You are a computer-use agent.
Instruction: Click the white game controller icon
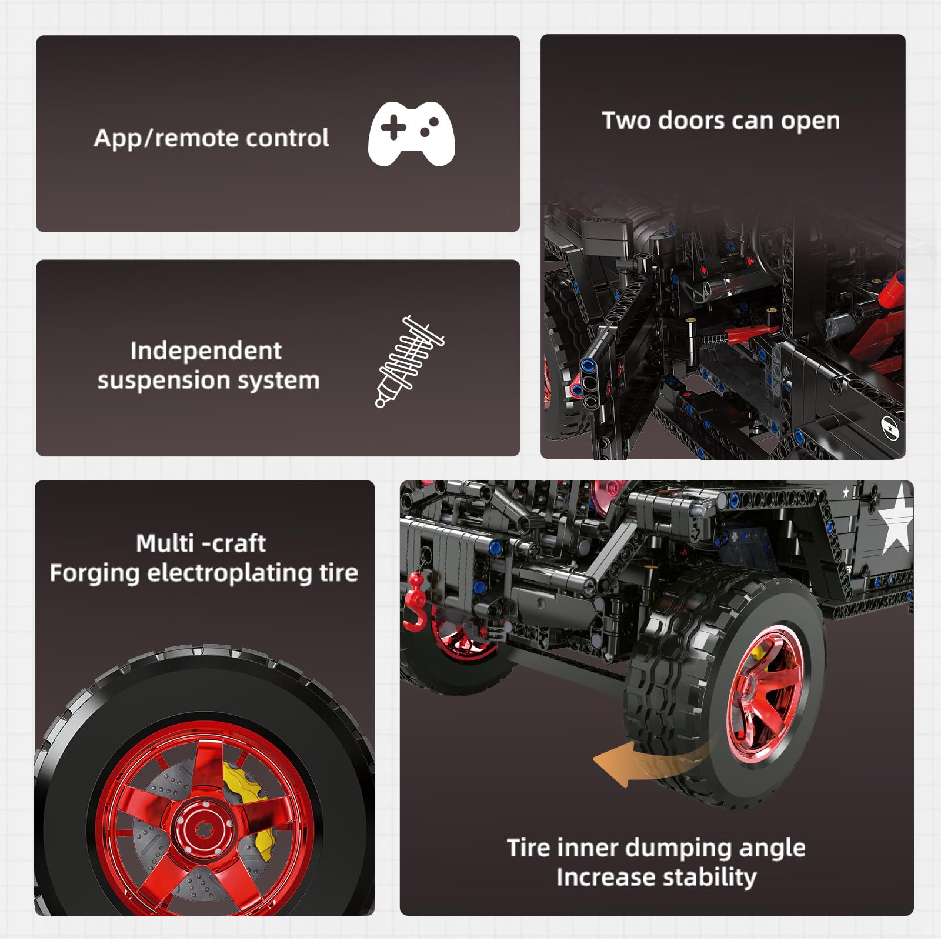[411, 134]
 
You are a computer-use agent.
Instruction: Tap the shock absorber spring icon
[409, 361]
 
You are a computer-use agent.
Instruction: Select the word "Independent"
[206, 351]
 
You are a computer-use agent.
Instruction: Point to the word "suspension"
[161, 381]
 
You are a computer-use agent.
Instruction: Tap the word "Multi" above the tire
[165, 543]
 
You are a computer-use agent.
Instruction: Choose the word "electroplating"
[229, 573]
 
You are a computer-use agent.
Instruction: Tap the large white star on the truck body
[896, 526]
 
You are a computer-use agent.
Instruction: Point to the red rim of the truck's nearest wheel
[765, 688]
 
